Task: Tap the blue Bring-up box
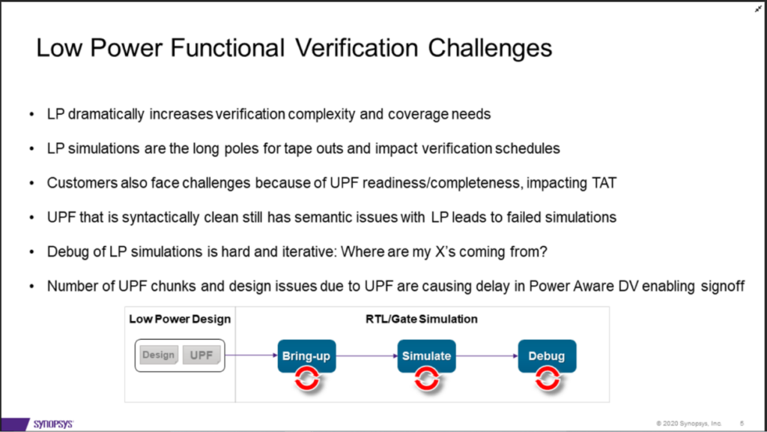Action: [x=307, y=355]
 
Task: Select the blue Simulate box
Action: [x=426, y=355]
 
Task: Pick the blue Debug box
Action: [x=546, y=355]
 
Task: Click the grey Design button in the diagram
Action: [x=158, y=355]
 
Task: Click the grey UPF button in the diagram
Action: [x=201, y=355]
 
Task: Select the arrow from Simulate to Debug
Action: [x=487, y=355]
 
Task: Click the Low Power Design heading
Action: [x=180, y=319]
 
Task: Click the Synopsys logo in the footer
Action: [x=53, y=424]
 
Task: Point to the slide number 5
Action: [x=741, y=424]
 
